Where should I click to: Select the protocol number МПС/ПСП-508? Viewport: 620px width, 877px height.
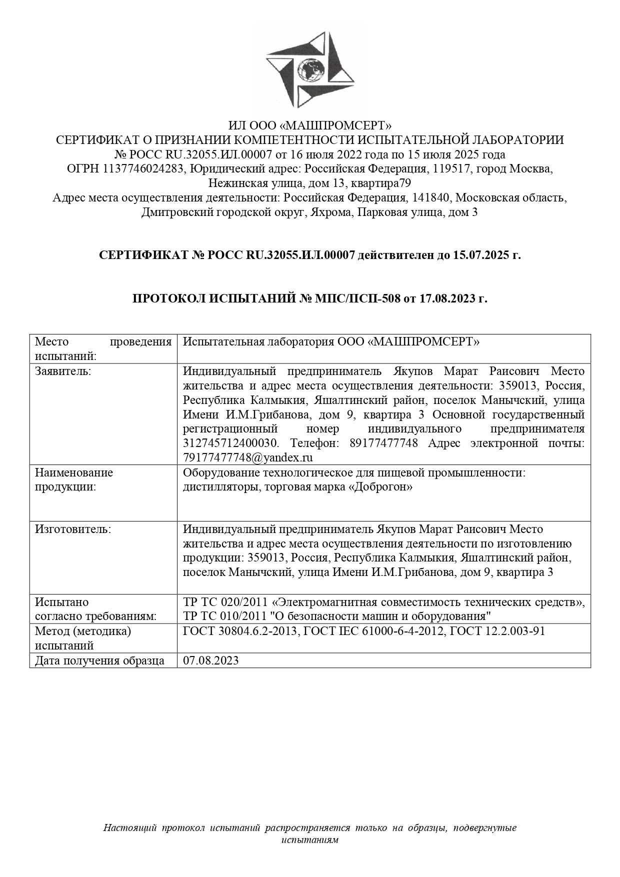coord(357,299)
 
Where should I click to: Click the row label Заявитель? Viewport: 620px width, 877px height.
coord(63,371)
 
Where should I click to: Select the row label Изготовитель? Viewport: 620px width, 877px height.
coord(73,529)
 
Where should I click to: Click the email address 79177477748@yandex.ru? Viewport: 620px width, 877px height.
coord(248,457)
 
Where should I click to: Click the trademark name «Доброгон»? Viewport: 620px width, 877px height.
coord(382,486)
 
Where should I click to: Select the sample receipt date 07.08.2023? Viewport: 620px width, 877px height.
coord(211,660)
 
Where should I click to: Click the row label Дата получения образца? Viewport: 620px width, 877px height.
coord(99,660)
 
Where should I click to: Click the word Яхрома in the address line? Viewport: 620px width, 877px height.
coord(328,212)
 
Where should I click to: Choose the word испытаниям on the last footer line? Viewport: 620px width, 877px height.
coord(310,839)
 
